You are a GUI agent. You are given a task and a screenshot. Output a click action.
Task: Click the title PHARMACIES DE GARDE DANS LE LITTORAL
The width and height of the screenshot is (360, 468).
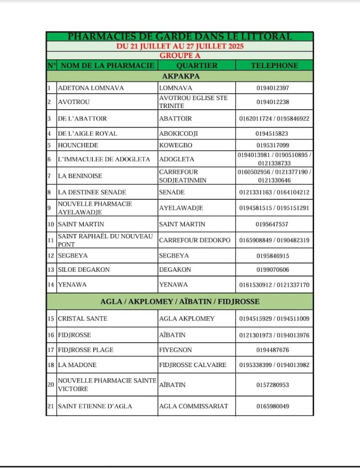coord(179,37)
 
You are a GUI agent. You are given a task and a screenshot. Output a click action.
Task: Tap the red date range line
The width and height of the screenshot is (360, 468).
coord(179,46)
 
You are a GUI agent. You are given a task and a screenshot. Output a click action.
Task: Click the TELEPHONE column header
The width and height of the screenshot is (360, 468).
coord(274,65)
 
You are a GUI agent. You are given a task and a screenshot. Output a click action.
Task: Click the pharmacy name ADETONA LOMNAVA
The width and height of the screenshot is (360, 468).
coord(91,88)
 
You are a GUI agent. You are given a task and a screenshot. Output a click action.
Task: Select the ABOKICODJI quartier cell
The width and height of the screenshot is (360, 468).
coord(178,133)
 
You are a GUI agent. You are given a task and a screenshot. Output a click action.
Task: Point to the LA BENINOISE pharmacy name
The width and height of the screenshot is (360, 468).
coord(80,176)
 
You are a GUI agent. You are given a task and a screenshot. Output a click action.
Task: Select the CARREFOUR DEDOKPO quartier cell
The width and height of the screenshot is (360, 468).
coord(195,240)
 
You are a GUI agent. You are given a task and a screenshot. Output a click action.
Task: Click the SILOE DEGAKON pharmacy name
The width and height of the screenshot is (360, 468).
coord(84,270)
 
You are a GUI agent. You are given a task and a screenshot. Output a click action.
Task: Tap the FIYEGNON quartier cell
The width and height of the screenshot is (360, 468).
coord(175,350)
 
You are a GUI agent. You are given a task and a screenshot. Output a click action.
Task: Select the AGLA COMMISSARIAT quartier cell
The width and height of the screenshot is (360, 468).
coord(193,406)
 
